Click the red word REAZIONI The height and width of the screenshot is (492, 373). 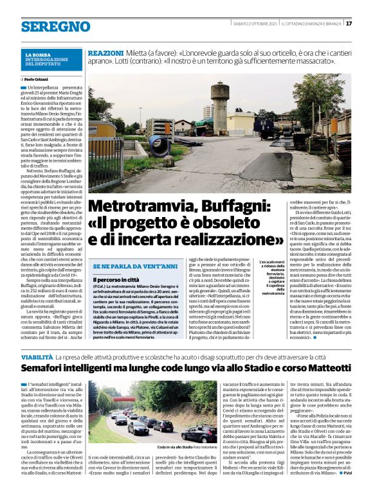105,51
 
